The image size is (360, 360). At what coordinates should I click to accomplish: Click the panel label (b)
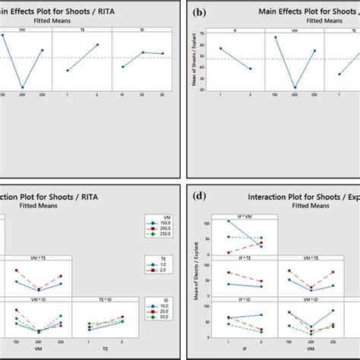(x=200, y=13)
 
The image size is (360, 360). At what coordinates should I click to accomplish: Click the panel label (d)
(x=200, y=195)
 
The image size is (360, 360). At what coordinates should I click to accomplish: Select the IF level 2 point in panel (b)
(x=250, y=69)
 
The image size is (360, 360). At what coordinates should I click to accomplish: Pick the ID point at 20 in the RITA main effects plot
(x=142, y=52)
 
